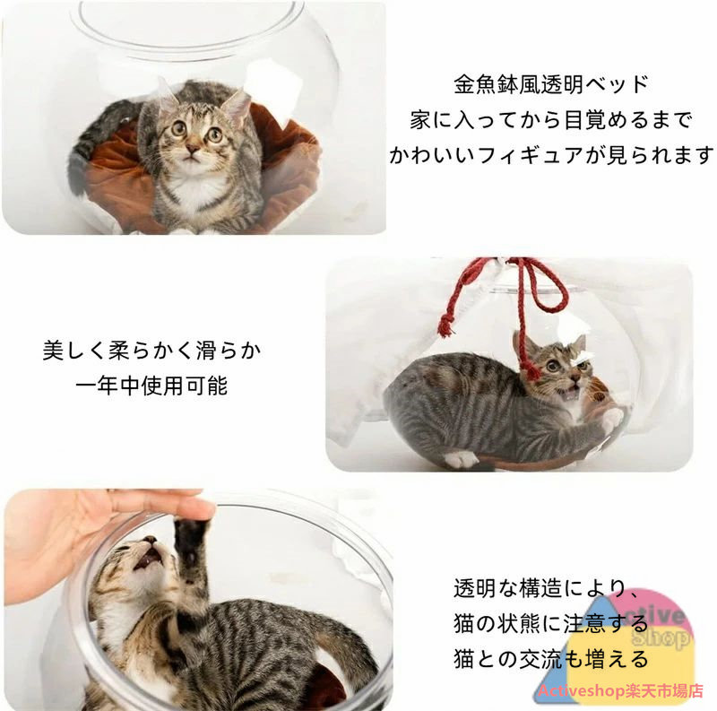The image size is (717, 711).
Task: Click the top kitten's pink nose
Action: coord(192,149)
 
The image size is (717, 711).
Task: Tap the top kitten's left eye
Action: coord(178,128)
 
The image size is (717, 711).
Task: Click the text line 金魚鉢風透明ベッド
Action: coord(551,84)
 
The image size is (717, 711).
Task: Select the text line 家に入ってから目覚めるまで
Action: coord(551,120)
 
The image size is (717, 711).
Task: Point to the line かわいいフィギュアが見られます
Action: coord(551,155)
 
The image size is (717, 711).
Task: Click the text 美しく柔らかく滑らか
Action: coord(151,351)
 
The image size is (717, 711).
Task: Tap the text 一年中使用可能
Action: coord(151,386)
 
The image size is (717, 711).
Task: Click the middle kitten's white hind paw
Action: coord(461,459)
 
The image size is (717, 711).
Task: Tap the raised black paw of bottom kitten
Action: coord(191,543)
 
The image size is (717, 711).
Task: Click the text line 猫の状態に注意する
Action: coord(551,624)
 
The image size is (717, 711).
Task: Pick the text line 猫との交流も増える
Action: coord(551,659)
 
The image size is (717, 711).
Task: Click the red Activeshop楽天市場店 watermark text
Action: coord(620,691)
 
